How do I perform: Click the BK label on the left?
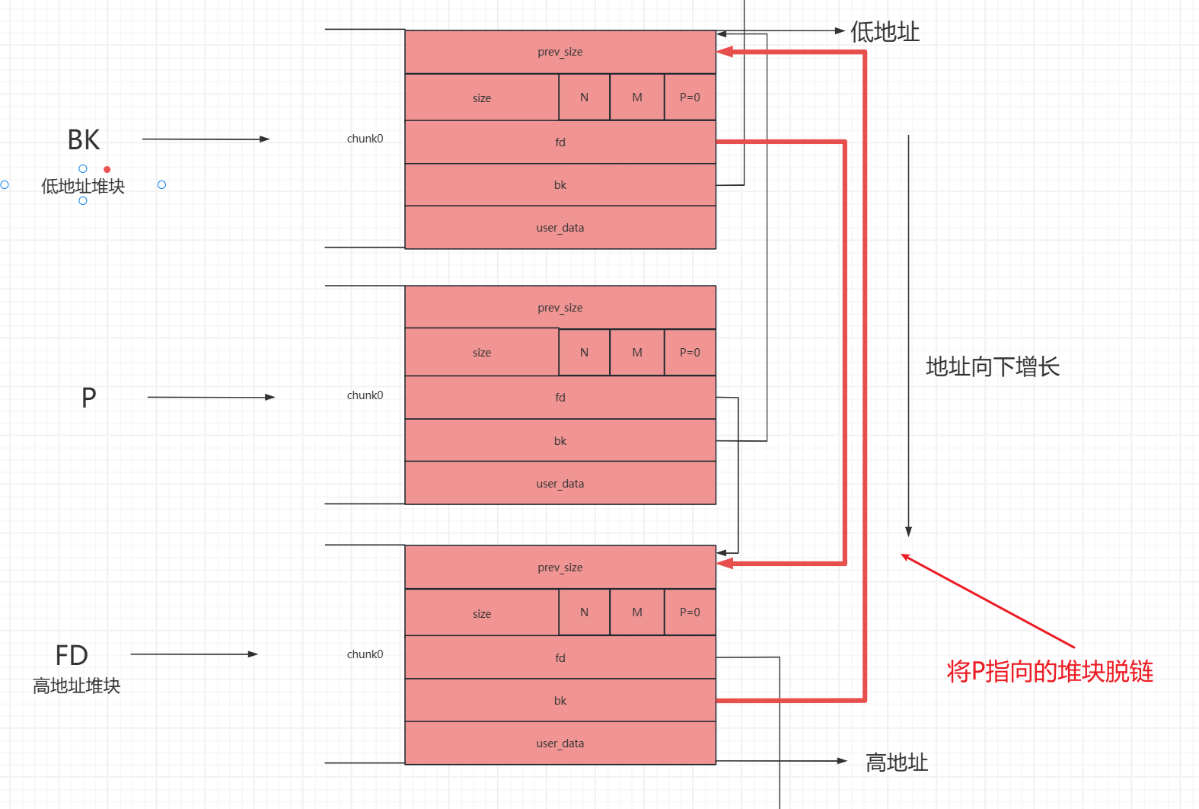click(84, 140)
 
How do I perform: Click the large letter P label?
click(89, 398)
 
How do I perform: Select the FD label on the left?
click(72, 655)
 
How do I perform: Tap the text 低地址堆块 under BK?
click(83, 187)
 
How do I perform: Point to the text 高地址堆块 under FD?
click(77, 686)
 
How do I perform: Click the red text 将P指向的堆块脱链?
click(1050, 672)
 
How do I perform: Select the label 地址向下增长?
click(992, 367)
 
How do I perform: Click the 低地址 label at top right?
click(885, 32)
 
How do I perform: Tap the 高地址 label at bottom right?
click(897, 763)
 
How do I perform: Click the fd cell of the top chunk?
click(560, 142)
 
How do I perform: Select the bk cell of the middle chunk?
click(560, 441)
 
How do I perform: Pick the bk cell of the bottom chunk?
click(560, 701)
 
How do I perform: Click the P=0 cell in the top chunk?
click(690, 98)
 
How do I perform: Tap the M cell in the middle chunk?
click(637, 353)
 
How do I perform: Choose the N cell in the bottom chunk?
click(584, 612)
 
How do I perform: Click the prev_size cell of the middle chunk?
click(560, 308)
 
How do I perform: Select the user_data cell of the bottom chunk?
click(560, 743)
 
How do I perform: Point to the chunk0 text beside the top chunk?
click(365, 139)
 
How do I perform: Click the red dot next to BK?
click(107, 169)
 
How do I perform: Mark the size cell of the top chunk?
click(482, 98)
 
